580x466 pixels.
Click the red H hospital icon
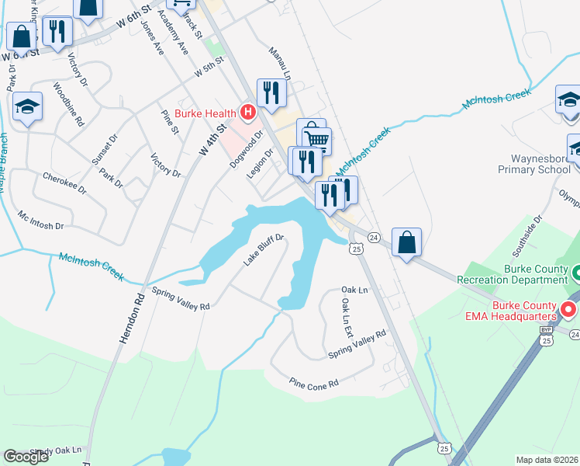(248, 113)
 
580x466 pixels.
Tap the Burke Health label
(206, 113)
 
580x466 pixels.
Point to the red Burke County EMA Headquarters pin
(568, 311)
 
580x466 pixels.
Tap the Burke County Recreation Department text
(524, 274)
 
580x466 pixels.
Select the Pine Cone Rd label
(314, 384)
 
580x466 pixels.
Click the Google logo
(26, 457)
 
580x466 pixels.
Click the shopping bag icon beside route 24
(406, 243)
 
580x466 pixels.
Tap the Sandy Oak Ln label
(58, 450)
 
